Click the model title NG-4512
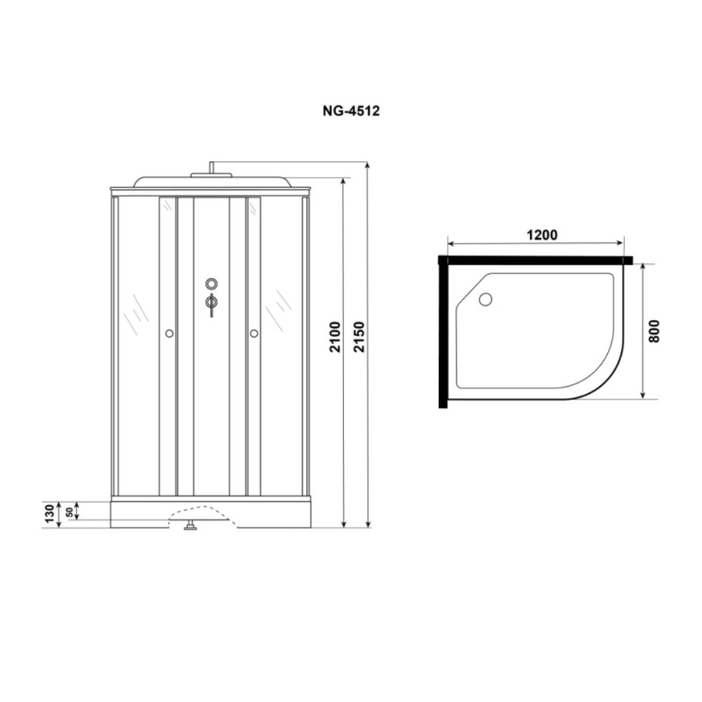[351, 111]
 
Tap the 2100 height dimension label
[336, 337]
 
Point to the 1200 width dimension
[542, 235]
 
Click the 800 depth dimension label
[654, 331]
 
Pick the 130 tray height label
[49, 514]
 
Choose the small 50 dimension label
[69, 512]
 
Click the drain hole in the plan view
[485, 299]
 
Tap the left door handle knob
[169, 333]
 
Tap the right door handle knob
[254, 333]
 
